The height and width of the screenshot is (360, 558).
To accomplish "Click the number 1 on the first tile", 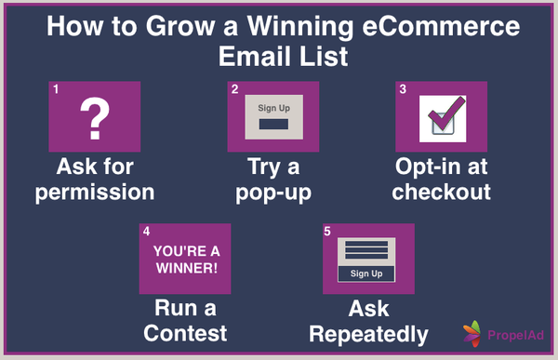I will click(x=56, y=89).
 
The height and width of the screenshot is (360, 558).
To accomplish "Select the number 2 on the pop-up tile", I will click(x=235, y=89).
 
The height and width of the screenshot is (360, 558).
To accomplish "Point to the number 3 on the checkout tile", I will click(x=403, y=89).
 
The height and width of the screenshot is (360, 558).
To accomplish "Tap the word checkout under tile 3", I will click(x=441, y=193).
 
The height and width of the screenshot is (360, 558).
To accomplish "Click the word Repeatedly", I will click(x=368, y=333).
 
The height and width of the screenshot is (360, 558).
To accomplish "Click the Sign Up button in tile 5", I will click(x=365, y=273).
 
